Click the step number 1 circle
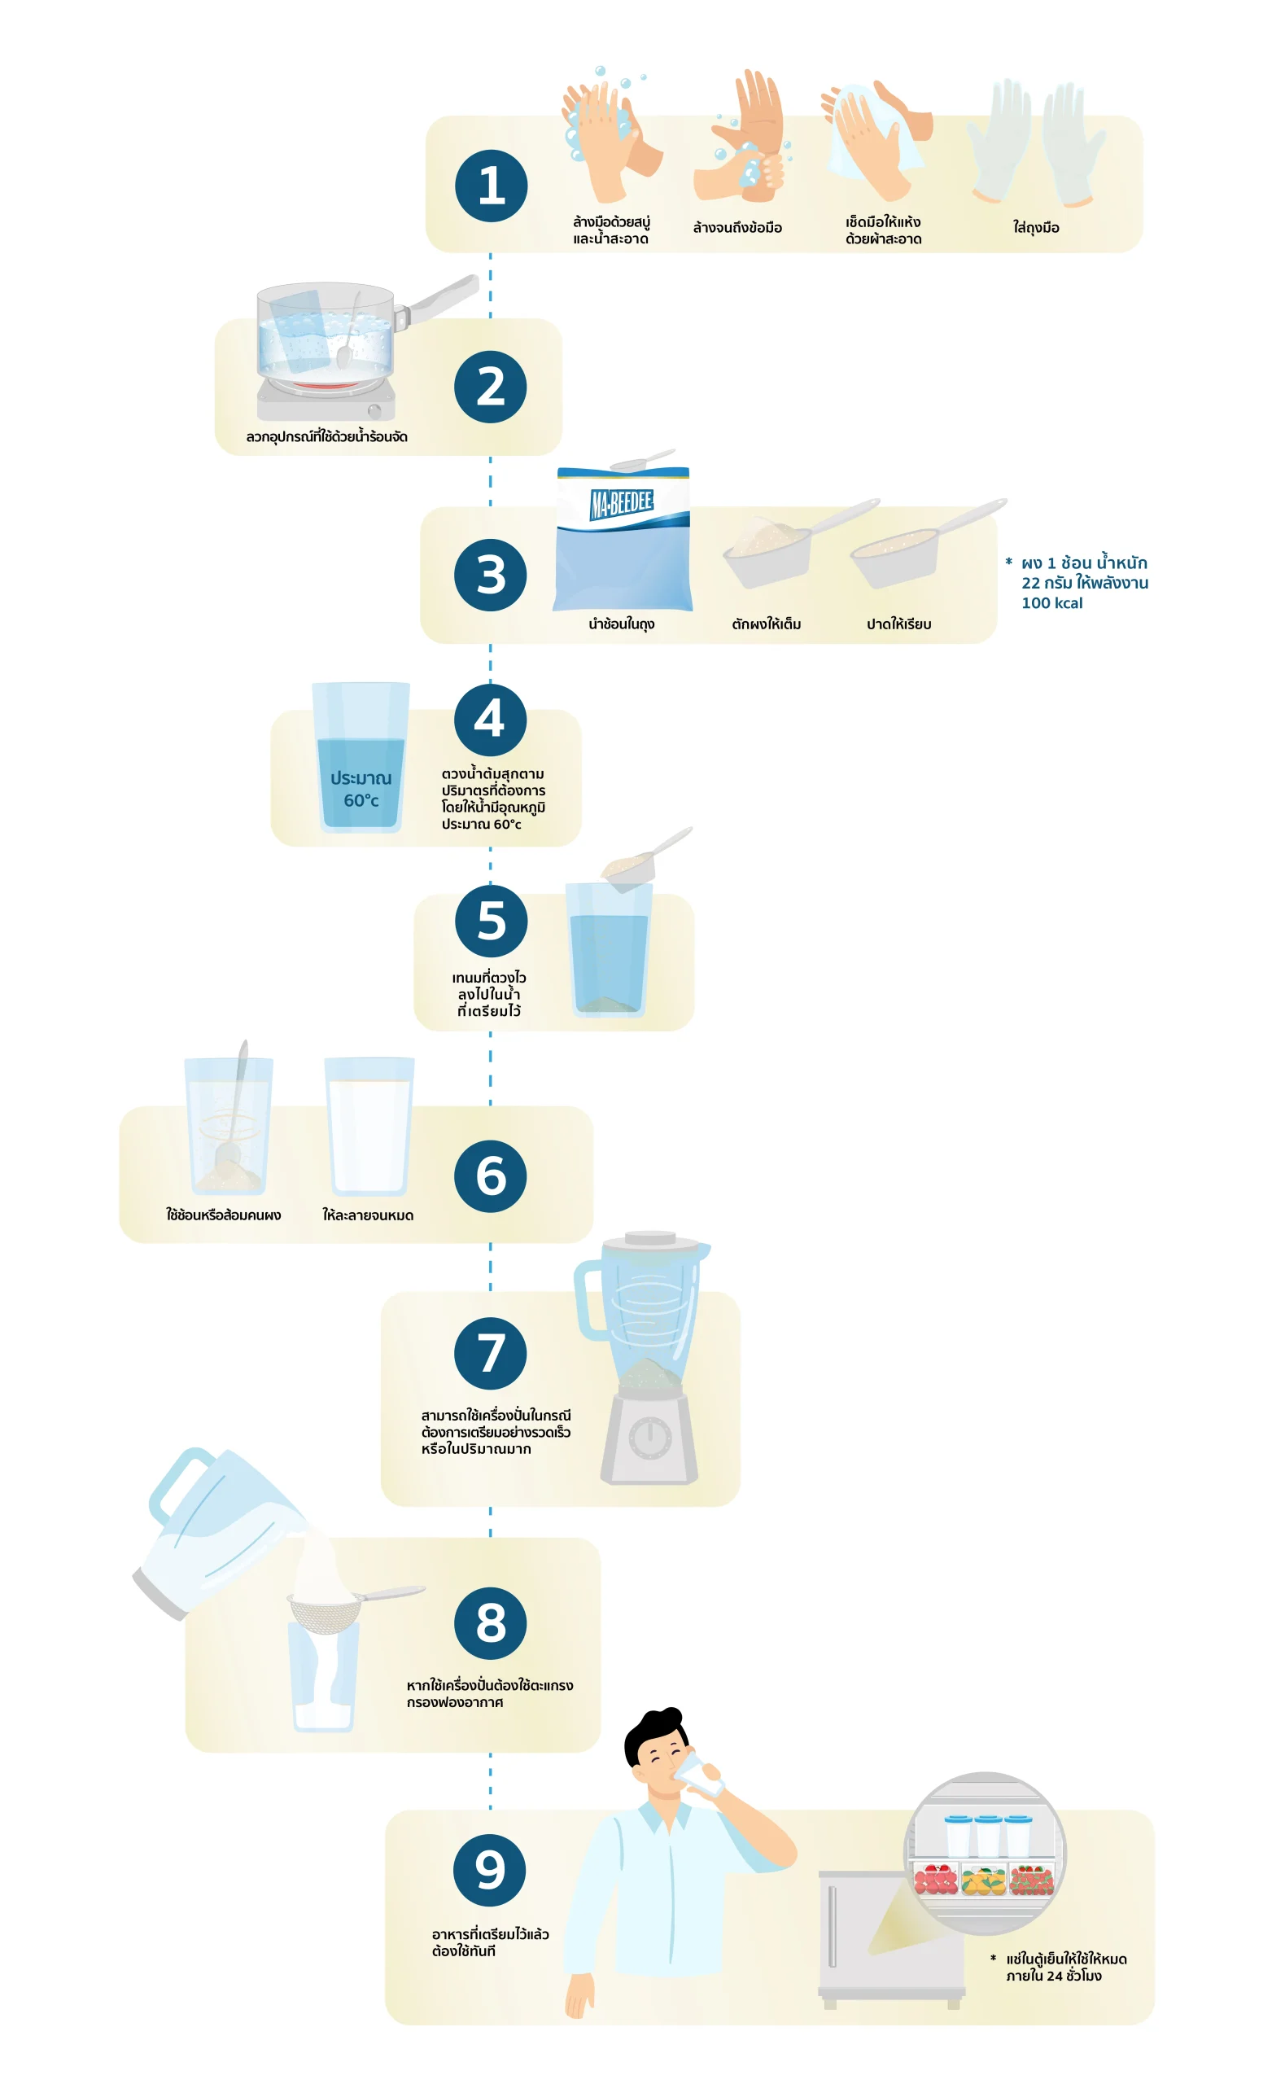[x=492, y=186]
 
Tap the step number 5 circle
[x=492, y=922]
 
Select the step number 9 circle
[x=490, y=1870]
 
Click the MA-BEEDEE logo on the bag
[x=622, y=503]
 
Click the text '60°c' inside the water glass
[x=361, y=800]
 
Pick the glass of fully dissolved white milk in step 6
[x=369, y=1126]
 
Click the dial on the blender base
[x=650, y=1438]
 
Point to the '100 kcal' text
[x=1052, y=603]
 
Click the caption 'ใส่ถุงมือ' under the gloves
[x=1036, y=228]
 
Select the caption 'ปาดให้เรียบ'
[x=899, y=624]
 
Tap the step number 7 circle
[x=491, y=1354]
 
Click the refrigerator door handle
[x=832, y=1927]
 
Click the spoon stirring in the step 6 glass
[x=233, y=1105]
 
